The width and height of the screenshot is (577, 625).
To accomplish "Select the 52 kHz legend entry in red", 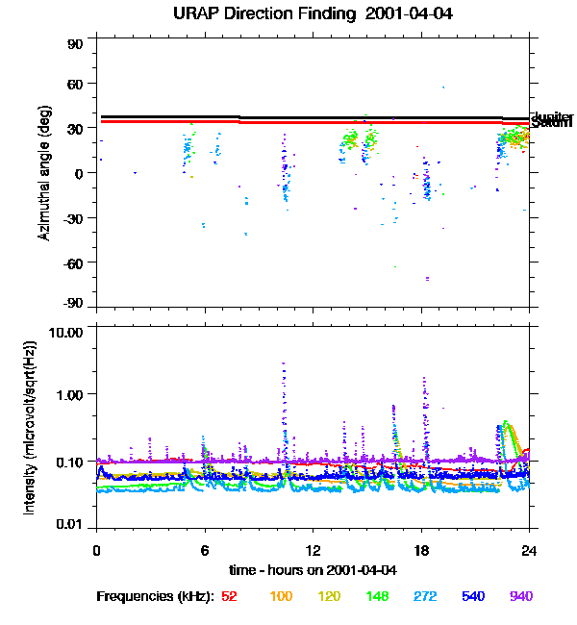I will tap(229, 596).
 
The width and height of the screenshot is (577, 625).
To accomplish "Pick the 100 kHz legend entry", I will tap(281, 596).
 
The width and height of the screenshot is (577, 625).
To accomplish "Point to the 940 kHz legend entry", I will tap(521, 596).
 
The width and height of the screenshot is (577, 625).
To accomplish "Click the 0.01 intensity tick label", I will tap(69, 524).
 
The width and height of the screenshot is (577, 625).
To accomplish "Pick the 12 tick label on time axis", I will tap(312, 550).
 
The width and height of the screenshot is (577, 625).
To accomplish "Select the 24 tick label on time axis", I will tap(528, 550).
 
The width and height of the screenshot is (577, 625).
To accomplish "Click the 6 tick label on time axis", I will tap(204, 550).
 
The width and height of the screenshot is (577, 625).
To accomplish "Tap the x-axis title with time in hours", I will tap(314, 569).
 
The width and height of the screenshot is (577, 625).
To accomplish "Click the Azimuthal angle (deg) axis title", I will tap(45, 173).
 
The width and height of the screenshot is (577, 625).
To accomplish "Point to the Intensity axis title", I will tap(30, 428).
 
